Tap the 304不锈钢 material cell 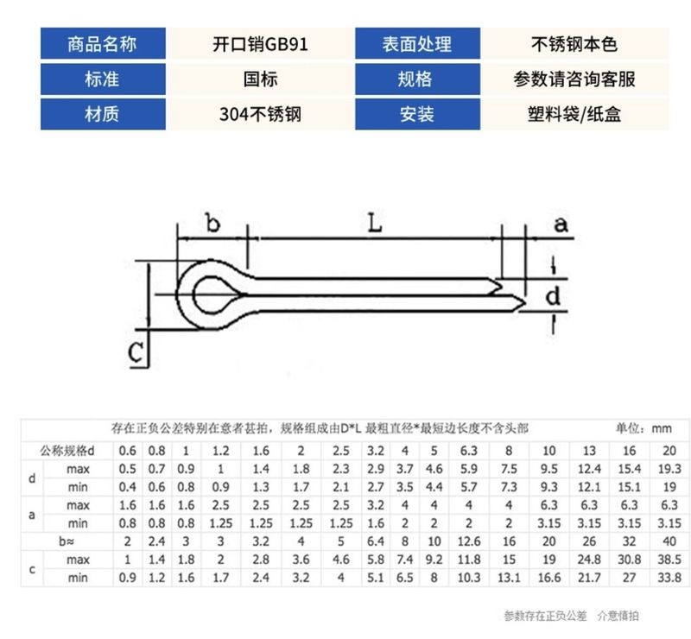(x=259, y=114)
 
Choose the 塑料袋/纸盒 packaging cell (x=574, y=114)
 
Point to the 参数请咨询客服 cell (x=574, y=79)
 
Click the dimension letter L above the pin (x=373, y=223)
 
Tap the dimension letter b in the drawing (x=212, y=224)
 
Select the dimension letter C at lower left (x=135, y=352)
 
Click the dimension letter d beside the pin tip (x=553, y=296)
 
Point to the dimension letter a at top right (x=561, y=225)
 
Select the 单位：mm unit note (x=643, y=428)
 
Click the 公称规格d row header (x=67, y=451)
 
